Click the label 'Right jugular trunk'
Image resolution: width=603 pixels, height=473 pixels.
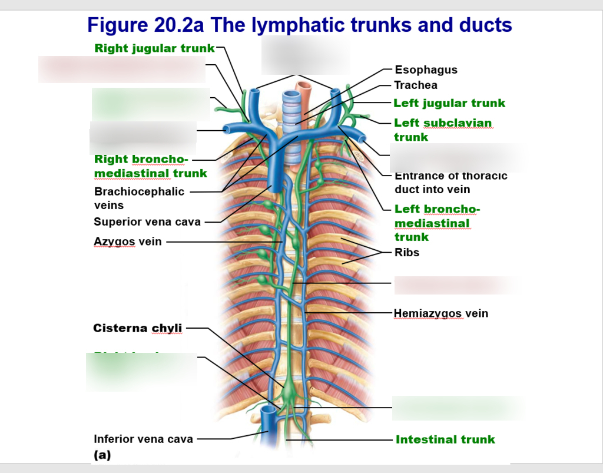(x=154, y=48)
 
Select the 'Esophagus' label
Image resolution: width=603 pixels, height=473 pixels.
(x=426, y=70)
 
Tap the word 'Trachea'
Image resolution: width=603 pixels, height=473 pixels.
(x=416, y=85)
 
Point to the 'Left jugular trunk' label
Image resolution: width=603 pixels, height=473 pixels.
(x=449, y=103)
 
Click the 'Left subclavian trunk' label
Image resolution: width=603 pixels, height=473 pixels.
(x=442, y=130)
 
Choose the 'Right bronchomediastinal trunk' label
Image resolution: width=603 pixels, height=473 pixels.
(x=150, y=166)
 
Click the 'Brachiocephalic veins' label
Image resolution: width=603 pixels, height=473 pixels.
(x=139, y=199)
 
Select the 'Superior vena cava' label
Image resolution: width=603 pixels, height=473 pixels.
(x=147, y=222)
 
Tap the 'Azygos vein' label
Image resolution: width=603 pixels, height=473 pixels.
(x=128, y=242)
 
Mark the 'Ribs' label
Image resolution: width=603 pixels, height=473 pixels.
(x=407, y=252)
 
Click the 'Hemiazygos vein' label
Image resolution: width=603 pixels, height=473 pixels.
(x=441, y=313)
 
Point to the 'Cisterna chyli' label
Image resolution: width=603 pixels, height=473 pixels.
(x=138, y=328)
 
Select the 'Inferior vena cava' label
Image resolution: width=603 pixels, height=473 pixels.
(x=143, y=439)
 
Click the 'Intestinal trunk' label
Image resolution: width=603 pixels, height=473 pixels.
(x=445, y=439)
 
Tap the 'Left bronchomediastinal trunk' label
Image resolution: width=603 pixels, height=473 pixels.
(x=437, y=223)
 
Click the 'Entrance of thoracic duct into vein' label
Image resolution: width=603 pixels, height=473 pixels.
(x=450, y=183)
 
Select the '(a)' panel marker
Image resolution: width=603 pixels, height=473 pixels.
(x=102, y=455)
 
